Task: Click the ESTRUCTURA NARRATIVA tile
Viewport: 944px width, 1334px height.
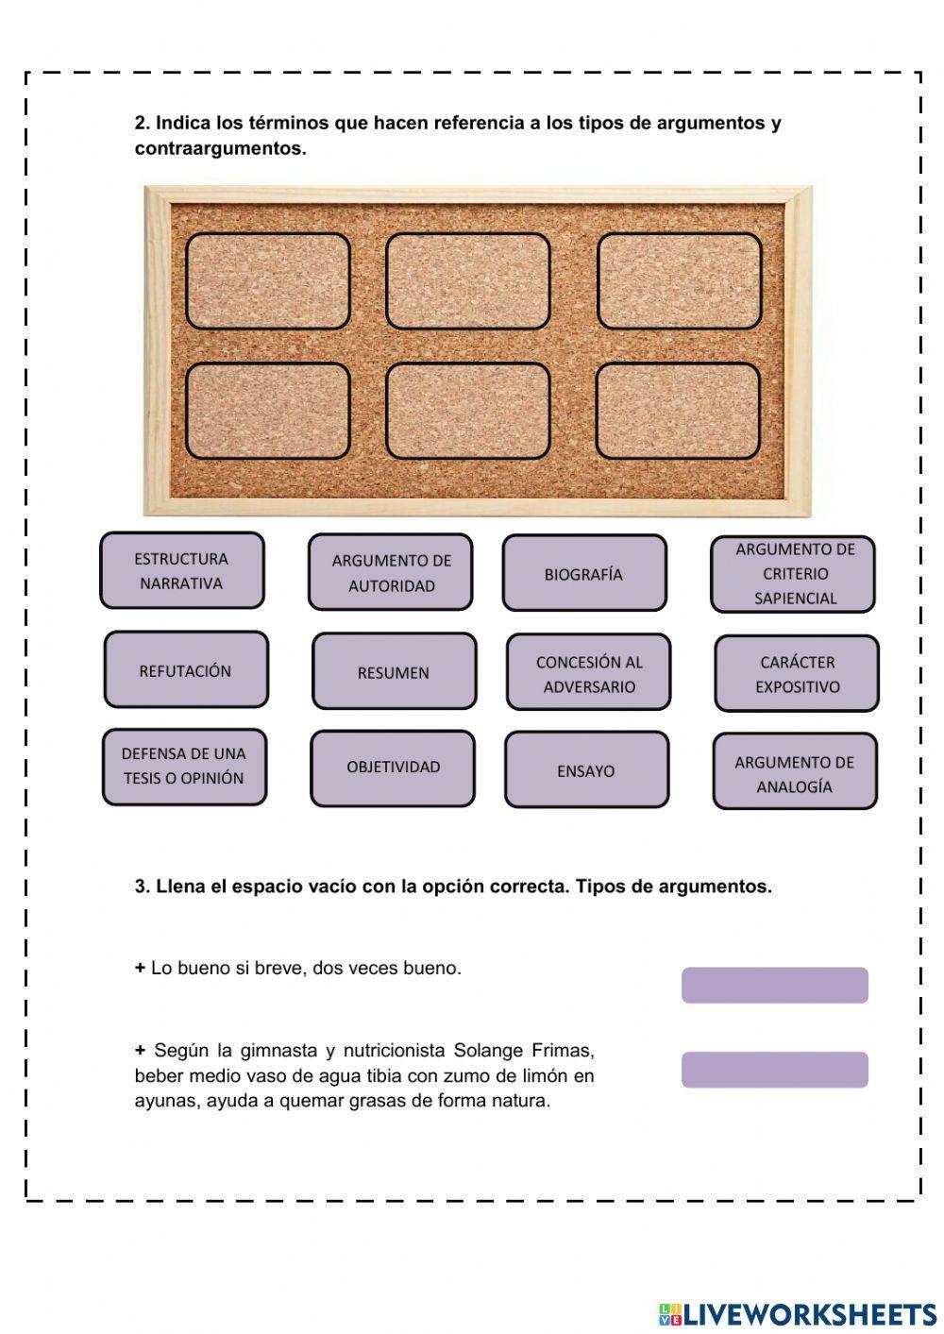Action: coord(182,570)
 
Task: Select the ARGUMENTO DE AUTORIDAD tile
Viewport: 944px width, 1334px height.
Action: coord(391,572)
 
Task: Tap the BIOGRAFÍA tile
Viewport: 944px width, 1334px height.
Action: coord(584,573)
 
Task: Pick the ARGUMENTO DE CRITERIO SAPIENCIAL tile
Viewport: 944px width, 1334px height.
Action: coord(794,573)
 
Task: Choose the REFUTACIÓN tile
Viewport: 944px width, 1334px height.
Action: coord(186,670)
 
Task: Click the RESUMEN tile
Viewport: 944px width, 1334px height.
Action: coord(394,671)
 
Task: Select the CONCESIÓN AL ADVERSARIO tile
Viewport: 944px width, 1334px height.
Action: coord(589,672)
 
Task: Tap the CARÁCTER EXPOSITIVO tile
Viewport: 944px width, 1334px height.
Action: coord(797,673)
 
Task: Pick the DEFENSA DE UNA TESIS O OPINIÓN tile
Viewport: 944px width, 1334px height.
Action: coord(184,766)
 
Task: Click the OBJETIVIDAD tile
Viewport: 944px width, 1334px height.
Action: coord(393,768)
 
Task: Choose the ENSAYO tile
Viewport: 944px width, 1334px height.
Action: coord(586,769)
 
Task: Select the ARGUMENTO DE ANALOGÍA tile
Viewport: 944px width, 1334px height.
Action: coord(795,772)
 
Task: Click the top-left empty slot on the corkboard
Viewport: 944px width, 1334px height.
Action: coord(268,281)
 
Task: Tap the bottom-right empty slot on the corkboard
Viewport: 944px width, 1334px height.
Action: coord(679,411)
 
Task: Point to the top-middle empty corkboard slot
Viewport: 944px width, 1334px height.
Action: coord(468,281)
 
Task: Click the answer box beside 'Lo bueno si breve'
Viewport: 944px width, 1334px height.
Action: coord(775,985)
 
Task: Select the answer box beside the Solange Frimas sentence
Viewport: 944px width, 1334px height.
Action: coord(775,1070)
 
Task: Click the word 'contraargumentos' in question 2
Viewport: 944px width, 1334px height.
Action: coord(219,149)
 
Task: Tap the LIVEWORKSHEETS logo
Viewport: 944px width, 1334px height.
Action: coord(798,1313)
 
